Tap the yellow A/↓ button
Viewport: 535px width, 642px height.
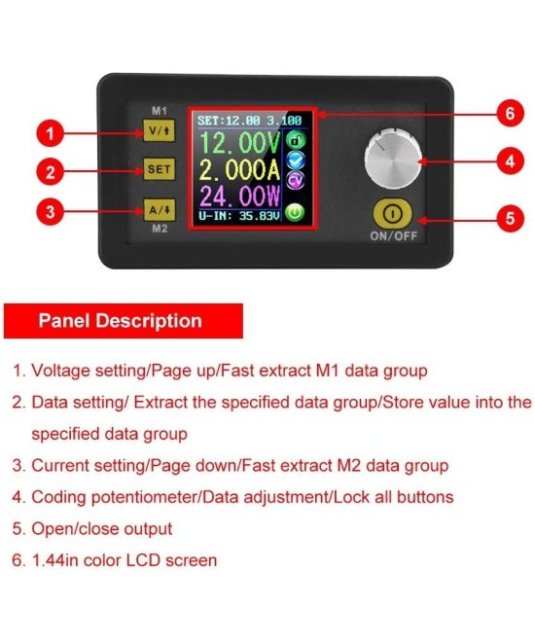[x=158, y=208]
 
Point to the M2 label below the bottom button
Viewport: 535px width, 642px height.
[x=159, y=231]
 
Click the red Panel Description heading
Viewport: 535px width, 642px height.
[x=121, y=321]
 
